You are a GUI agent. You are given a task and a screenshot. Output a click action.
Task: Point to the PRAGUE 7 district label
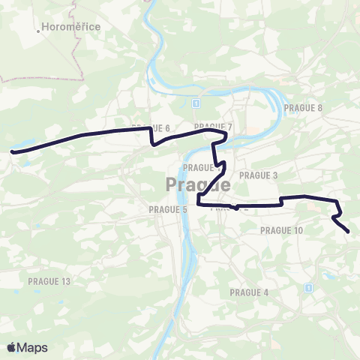tap(213, 126)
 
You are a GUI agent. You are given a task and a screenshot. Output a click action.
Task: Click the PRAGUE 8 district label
tap(303, 108)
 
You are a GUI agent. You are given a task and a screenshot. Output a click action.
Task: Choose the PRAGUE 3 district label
tap(259, 175)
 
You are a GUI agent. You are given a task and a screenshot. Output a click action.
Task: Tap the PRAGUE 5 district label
tap(168, 209)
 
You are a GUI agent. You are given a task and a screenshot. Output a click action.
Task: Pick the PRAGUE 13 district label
tap(49, 281)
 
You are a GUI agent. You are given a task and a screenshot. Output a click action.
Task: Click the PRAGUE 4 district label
tap(249, 292)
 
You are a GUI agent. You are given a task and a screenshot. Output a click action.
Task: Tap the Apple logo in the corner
tap(12, 347)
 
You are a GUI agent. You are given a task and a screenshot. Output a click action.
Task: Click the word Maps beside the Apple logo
tap(33, 347)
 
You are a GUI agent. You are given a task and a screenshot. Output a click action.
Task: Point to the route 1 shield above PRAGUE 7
tap(194, 102)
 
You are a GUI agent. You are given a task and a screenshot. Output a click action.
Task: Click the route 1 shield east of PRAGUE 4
tap(307, 287)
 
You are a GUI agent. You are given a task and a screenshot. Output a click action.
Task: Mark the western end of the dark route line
tap(13, 151)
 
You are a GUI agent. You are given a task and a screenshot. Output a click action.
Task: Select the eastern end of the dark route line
tap(348, 232)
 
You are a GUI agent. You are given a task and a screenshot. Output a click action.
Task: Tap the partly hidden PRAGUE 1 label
tap(199, 167)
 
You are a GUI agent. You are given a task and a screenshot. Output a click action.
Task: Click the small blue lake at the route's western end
tap(21, 144)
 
